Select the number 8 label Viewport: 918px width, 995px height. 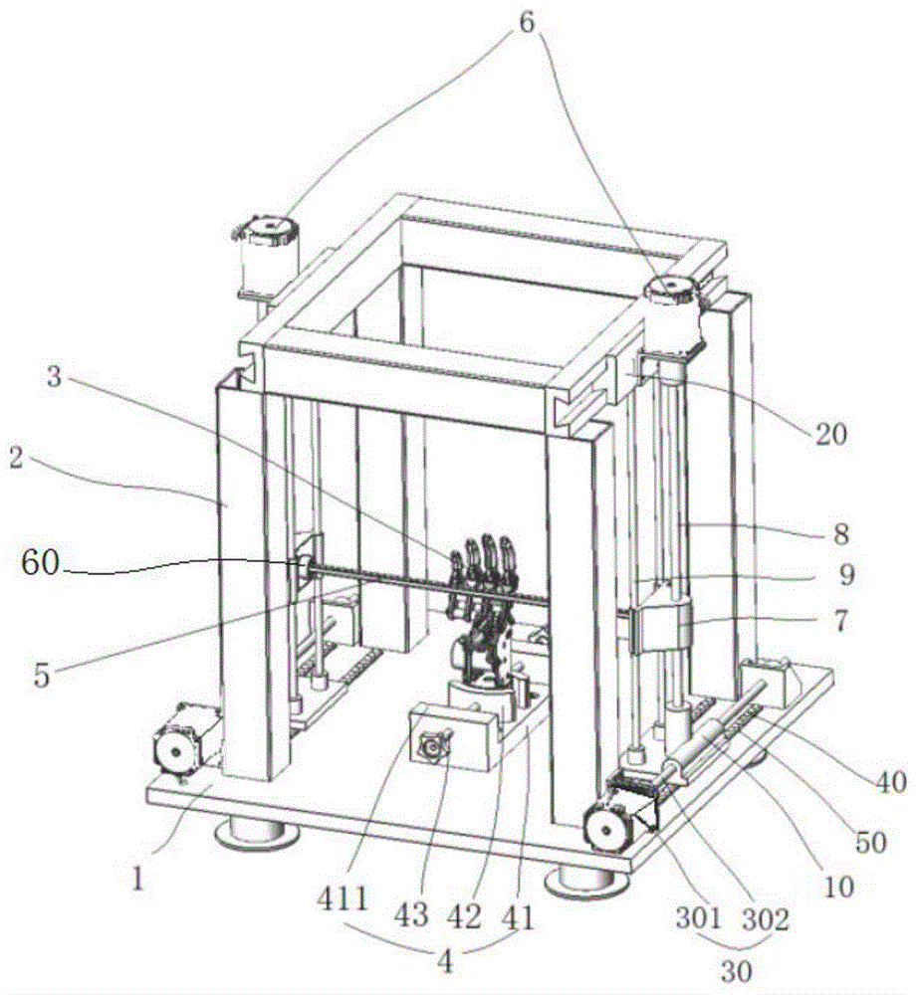coord(840,533)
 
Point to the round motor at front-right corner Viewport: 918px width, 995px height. coord(607,825)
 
